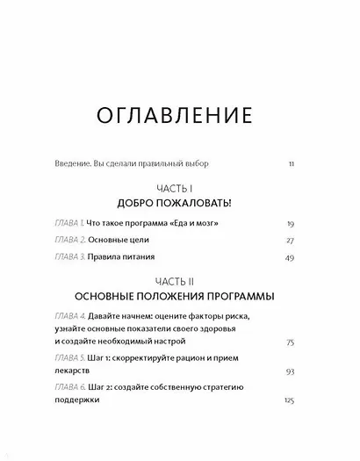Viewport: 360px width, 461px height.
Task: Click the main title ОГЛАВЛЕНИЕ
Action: (179, 116)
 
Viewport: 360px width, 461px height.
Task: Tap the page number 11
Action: (303, 164)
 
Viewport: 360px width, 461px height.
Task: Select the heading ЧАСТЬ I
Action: (180, 187)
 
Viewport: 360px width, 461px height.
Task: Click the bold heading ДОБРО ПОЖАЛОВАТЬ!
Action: (180, 203)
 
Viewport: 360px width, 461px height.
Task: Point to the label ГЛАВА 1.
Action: (68, 225)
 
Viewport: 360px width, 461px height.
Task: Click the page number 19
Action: (302, 225)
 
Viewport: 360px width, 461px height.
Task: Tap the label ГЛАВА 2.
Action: (69, 240)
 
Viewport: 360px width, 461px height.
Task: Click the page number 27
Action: (302, 240)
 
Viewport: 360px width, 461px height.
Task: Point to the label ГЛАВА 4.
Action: (69, 315)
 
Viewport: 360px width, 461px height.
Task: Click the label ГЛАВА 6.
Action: (69, 388)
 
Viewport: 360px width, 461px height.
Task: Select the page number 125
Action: (300, 400)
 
